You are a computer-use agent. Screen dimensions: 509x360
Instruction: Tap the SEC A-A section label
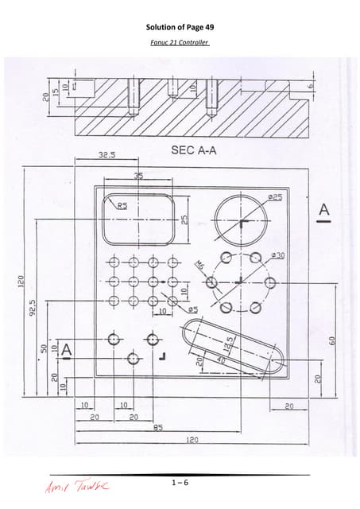click(x=193, y=149)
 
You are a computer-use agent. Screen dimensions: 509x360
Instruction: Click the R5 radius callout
click(x=123, y=205)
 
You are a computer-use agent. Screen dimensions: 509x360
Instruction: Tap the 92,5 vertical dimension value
click(x=33, y=305)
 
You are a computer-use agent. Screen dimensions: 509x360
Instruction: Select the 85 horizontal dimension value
click(x=159, y=427)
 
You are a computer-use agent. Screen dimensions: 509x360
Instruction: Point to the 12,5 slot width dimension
click(x=228, y=345)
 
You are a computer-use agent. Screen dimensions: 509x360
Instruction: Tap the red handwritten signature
click(x=80, y=485)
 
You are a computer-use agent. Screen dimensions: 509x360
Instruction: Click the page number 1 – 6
click(x=180, y=483)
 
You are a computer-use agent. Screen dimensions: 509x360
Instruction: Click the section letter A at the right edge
click(x=323, y=210)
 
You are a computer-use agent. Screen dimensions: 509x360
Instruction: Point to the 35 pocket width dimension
click(x=139, y=177)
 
